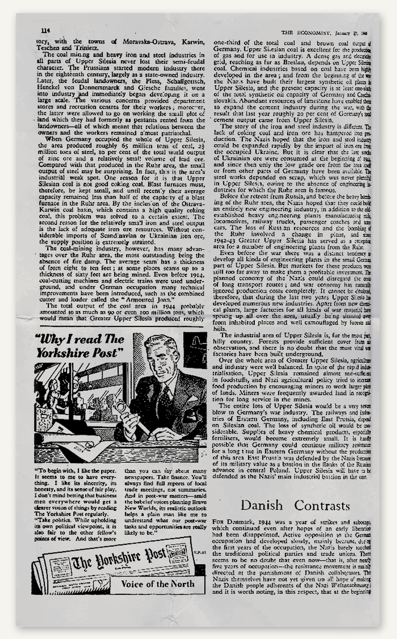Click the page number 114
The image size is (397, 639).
[x=45, y=31]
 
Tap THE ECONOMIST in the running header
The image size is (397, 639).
[x=306, y=33]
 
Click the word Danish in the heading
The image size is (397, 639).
[x=261, y=505]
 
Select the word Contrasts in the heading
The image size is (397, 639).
[x=322, y=505]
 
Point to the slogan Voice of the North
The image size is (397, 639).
[x=158, y=584]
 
